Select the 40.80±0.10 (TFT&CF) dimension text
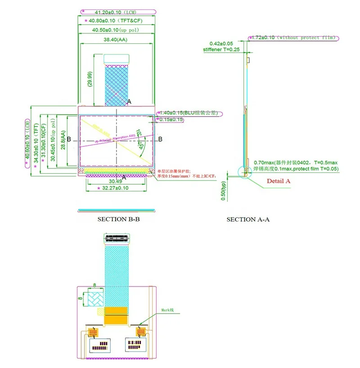click(x=117, y=21)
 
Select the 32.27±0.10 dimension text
click(x=116, y=188)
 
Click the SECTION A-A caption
click(x=250, y=219)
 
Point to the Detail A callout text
click(x=279, y=181)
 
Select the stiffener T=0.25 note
click(x=221, y=50)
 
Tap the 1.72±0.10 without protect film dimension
click(x=294, y=38)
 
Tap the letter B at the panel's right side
click(x=160, y=140)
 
